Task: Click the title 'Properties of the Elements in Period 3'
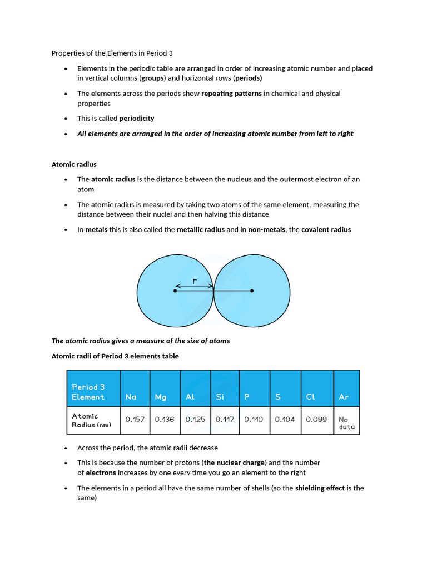[x=112, y=53]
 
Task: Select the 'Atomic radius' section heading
[x=74, y=164]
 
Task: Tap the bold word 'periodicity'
[x=137, y=119]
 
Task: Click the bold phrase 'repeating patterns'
[x=231, y=94]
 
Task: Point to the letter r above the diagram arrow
[x=194, y=281]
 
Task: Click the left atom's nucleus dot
[x=176, y=291]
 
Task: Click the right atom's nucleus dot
[x=252, y=291]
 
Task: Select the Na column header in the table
[x=131, y=397]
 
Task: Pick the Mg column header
[x=161, y=397]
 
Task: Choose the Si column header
[x=220, y=397]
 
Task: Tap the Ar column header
[x=344, y=397]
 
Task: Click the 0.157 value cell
[x=135, y=420]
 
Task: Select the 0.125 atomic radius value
[x=195, y=420]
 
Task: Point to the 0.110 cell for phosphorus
[x=254, y=420]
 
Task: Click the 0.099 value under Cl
[x=316, y=420]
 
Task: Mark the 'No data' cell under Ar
[x=346, y=423]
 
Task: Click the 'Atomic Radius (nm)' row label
[x=91, y=420]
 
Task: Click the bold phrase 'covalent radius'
[x=326, y=230]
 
